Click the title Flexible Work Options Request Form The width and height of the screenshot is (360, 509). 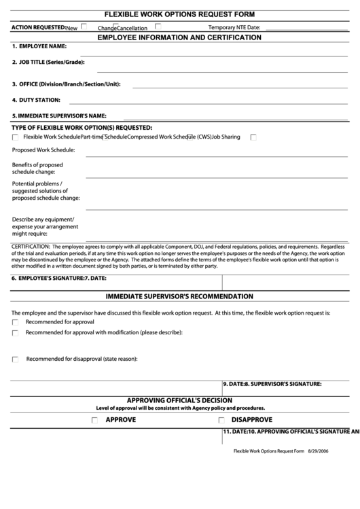coord(179,14)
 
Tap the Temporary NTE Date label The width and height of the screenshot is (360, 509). coord(234,27)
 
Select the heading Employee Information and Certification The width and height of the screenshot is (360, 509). coord(179,38)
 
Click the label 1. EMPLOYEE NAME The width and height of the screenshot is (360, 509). coord(39,46)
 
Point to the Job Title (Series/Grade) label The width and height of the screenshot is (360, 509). coord(48,63)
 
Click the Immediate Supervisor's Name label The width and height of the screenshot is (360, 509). coord(59,116)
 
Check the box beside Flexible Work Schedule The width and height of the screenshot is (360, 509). coord(16,137)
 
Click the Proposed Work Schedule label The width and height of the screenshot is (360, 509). coord(43,150)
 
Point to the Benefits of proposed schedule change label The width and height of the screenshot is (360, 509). coord(37,169)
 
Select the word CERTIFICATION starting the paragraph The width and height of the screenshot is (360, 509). coord(31,247)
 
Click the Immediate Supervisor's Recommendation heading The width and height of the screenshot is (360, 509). coord(179,297)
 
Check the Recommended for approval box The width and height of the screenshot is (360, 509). coord(16,322)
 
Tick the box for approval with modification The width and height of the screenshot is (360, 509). coord(16,333)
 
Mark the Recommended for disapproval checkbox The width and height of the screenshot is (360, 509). coord(16,359)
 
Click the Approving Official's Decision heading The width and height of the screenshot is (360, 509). coord(179,400)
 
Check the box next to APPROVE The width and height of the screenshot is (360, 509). coord(94,421)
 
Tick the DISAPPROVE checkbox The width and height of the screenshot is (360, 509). coord(221,421)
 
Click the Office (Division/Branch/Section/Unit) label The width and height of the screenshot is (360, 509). coord(66,84)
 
